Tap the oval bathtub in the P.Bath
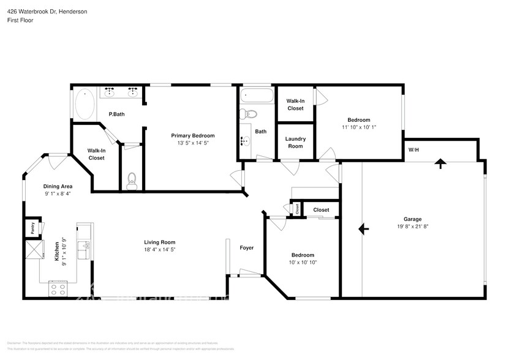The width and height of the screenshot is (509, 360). [85, 104]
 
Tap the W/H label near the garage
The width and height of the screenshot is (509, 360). [414, 150]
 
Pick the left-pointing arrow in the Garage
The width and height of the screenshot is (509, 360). [363, 228]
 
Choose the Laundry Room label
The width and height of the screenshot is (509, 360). [295, 142]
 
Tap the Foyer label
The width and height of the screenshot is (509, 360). [246, 248]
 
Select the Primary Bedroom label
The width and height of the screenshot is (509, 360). [192, 135]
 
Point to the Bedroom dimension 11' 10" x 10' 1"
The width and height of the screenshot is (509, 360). [358, 127]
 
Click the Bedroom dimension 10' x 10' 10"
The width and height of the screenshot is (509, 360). [303, 262]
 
